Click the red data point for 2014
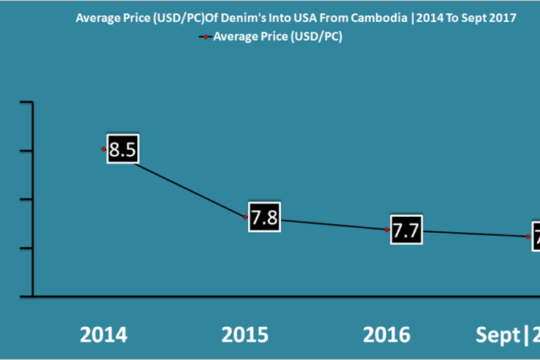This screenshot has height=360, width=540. (x=104, y=149)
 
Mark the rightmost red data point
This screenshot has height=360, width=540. (x=528, y=237)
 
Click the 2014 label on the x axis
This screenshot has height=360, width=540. (x=104, y=335)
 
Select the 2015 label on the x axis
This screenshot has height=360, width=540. (x=245, y=335)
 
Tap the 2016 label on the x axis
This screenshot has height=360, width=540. (x=387, y=335)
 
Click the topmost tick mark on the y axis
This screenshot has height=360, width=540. (x=26, y=103)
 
